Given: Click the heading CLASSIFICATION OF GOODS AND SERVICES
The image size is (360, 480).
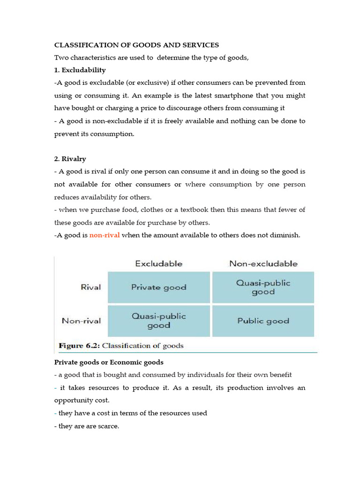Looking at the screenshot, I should click(x=136, y=45).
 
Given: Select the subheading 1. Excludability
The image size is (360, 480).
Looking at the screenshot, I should click(x=80, y=70).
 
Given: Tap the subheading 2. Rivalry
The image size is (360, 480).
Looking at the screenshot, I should click(x=71, y=159).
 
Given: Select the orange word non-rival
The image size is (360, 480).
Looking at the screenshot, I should click(x=105, y=235).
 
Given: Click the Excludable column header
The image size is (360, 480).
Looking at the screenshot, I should click(x=158, y=263).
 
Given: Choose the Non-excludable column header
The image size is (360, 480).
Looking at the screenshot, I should click(x=263, y=263).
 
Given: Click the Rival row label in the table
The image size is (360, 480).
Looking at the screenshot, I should click(x=90, y=287).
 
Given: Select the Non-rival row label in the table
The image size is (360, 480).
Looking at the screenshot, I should click(x=81, y=321).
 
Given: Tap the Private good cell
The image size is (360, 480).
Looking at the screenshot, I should click(x=158, y=287).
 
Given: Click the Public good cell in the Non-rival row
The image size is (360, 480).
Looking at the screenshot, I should click(x=263, y=321).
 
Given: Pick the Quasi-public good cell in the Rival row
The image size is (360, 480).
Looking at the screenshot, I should click(x=263, y=287).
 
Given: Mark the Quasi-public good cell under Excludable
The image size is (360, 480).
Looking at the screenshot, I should click(x=158, y=321).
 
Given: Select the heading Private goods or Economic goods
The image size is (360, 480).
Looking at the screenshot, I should click(x=109, y=362).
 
